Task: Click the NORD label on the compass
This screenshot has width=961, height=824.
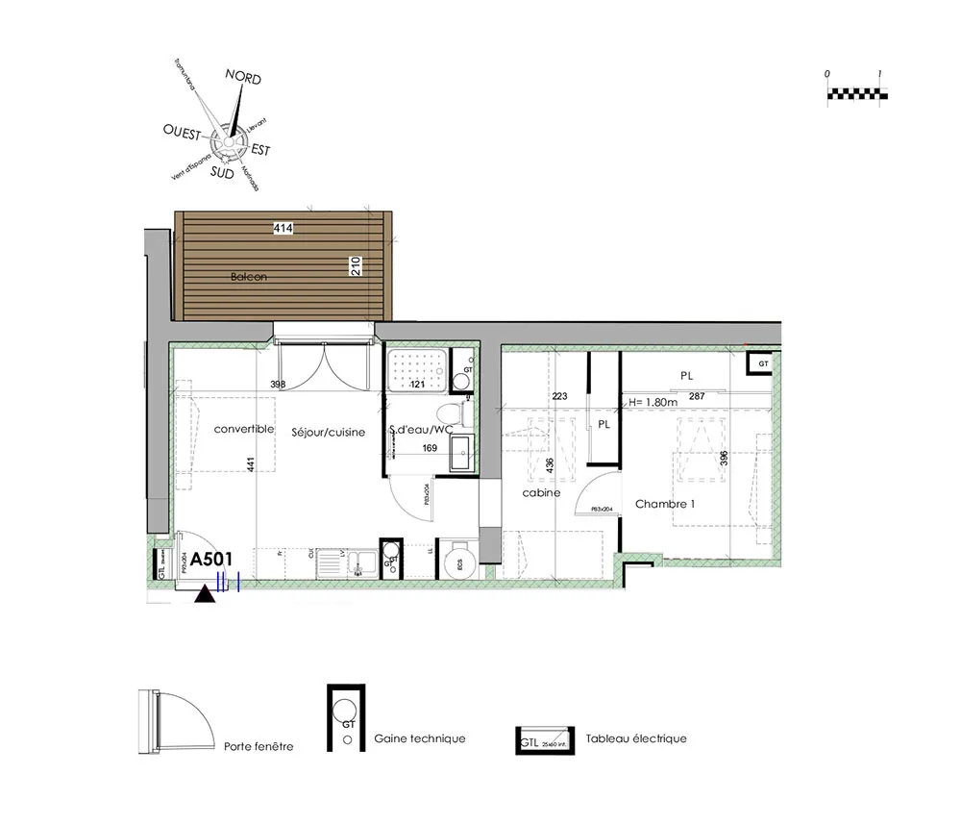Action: [242, 78]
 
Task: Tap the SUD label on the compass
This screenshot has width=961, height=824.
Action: [222, 174]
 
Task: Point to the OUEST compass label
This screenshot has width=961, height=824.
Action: [184, 130]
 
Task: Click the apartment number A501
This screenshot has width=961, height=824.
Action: [212, 559]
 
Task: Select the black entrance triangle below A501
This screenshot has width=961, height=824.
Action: [204, 595]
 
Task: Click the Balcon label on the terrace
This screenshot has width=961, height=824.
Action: [248, 277]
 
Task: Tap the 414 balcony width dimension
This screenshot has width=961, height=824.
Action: [283, 228]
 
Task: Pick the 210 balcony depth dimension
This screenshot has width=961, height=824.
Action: [356, 266]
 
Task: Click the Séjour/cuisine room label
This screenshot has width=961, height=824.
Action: [329, 433]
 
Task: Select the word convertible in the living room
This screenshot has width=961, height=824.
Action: [244, 429]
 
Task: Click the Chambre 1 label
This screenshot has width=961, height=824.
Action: [664, 504]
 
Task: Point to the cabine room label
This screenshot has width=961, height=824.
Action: [541, 493]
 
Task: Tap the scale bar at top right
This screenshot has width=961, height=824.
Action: [857, 93]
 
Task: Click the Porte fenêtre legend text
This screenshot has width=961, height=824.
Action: [259, 746]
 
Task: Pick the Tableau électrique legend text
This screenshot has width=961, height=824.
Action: [644, 738]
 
